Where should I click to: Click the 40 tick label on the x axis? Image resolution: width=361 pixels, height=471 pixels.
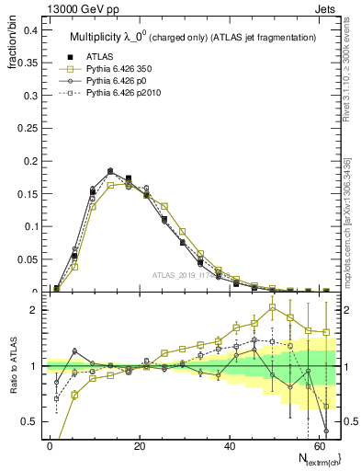(x=229, y=445)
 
